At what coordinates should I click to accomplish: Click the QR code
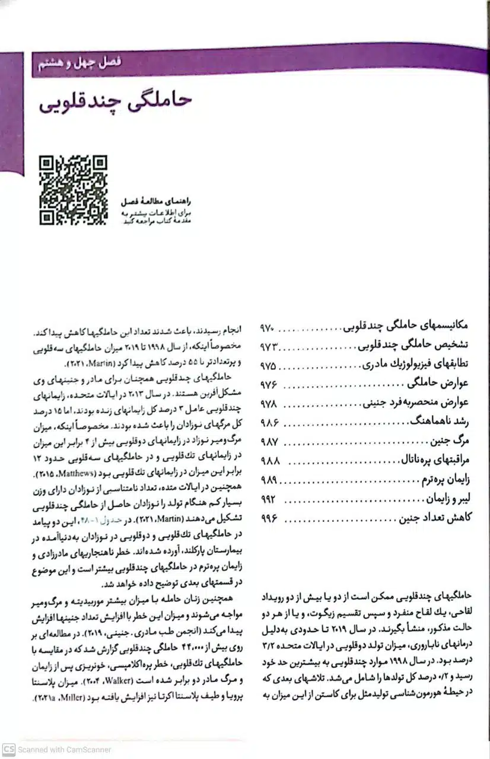click(73, 190)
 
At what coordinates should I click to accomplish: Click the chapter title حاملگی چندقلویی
click(116, 101)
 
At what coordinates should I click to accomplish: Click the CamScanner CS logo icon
click(8, 749)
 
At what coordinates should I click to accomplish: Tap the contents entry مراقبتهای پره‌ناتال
click(434, 460)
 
